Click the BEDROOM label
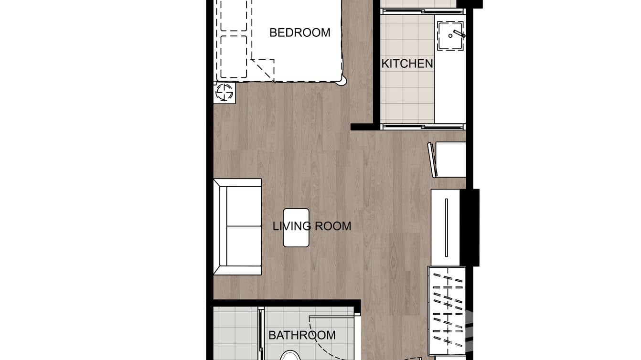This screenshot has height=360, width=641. (x=299, y=32)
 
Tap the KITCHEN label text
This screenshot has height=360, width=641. (x=407, y=64)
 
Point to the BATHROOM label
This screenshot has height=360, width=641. (x=302, y=335)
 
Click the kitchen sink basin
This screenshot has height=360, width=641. (x=449, y=36)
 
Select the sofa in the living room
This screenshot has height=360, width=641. (x=238, y=227)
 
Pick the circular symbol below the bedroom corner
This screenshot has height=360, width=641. (x=224, y=92)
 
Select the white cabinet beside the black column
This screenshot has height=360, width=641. (x=445, y=227)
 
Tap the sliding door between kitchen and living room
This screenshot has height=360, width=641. (x=422, y=127)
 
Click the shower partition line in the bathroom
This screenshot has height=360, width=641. (x=261, y=334)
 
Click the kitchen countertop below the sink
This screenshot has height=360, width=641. (x=449, y=86)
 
